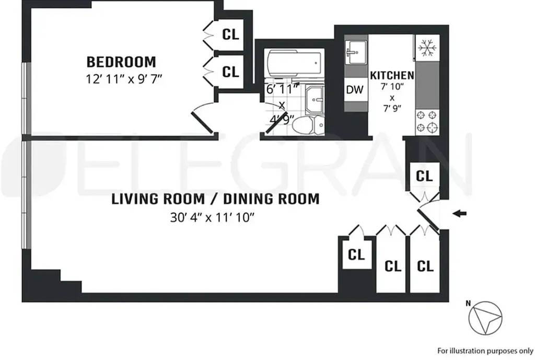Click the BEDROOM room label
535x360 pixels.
point(121,62)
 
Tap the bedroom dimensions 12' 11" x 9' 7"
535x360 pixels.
point(123,79)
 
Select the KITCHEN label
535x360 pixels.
point(392,75)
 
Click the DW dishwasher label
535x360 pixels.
point(355,89)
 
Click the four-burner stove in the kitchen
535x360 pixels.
point(427,122)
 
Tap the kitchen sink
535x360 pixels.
point(356,52)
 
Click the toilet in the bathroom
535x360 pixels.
point(308,124)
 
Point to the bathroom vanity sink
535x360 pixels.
point(315,100)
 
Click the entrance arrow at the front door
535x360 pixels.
point(459,214)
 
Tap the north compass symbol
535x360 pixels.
point(485,318)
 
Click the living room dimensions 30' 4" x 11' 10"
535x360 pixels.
point(212,217)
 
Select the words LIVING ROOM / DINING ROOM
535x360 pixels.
point(215,199)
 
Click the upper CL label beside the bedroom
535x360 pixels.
point(230,34)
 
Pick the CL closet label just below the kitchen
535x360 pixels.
point(424,176)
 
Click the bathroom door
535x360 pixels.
point(276,122)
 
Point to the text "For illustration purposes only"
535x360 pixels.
point(485,351)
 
